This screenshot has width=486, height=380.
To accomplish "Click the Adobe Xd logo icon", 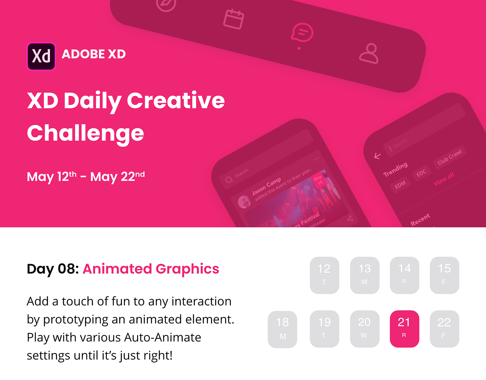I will pyautogui.click(x=41, y=56).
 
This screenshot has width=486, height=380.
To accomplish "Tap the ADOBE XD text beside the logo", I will pyautogui.click(x=94, y=54).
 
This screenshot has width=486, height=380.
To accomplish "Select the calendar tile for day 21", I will pyautogui.click(x=404, y=328).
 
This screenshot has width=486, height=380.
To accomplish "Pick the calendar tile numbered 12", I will pyautogui.click(x=324, y=275).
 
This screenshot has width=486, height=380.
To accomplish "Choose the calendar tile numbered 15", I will pyautogui.click(x=444, y=275).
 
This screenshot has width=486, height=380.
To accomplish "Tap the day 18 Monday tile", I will pyautogui.click(x=282, y=329).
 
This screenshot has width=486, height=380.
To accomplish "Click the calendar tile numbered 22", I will pyautogui.click(x=444, y=328).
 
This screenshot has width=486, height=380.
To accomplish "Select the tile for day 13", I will pyautogui.click(x=364, y=275).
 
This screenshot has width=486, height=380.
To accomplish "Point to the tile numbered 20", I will pyautogui.click(x=364, y=328).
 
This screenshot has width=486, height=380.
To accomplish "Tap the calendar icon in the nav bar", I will pyautogui.click(x=233, y=19).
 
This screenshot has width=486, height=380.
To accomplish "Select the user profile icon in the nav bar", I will pyautogui.click(x=369, y=53).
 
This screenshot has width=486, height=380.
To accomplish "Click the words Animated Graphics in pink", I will pyautogui.click(x=151, y=269).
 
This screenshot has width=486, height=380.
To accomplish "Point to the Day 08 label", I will pyautogui.click(x=53, y=269).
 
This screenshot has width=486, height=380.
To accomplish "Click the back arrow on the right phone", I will pyautogui.click(x=378, y=156).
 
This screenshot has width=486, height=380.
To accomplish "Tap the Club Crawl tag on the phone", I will pyautogui.click(x=450, y=157).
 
